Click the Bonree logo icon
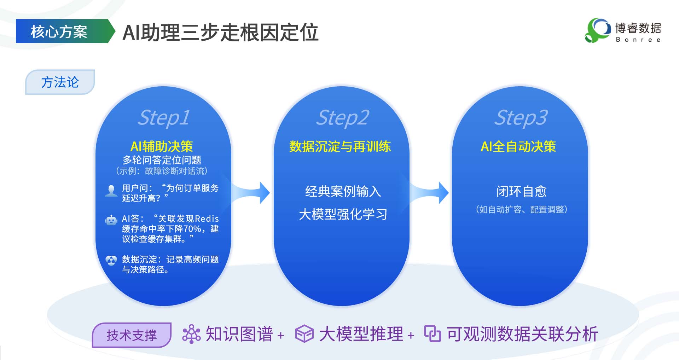coord(597,30)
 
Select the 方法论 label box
coord(60,82)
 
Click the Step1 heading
coord(163,117)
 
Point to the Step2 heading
coord(342,117)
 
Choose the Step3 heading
coord(520,117)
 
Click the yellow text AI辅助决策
coord(162,146)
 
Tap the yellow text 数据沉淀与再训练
coord(340,146)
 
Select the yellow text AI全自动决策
coord(518,146)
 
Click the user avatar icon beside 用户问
coord(111,191)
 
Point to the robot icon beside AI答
coord(111,220)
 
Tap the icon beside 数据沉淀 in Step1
coord(111,261)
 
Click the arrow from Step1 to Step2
coord(251,193)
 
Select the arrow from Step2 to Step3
coord(430,193)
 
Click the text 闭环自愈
coord(521,191)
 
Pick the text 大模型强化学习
coord(343,214)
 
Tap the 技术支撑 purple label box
coord(132,335)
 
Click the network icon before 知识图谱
coord(191,334)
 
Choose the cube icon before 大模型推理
coord(304,334)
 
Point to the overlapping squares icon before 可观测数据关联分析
coord(432,333)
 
